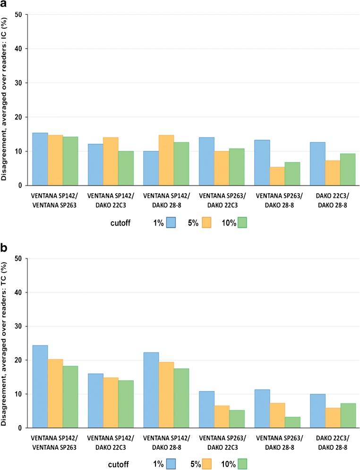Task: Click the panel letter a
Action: click(x=4, y=5)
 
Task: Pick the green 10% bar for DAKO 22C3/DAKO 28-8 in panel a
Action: click(x=347, y=170)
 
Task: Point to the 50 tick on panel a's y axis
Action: click(x=19, y=15)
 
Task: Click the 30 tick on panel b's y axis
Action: click(x=19, y=326)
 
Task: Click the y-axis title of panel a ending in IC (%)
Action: click(x=6, y=99)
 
